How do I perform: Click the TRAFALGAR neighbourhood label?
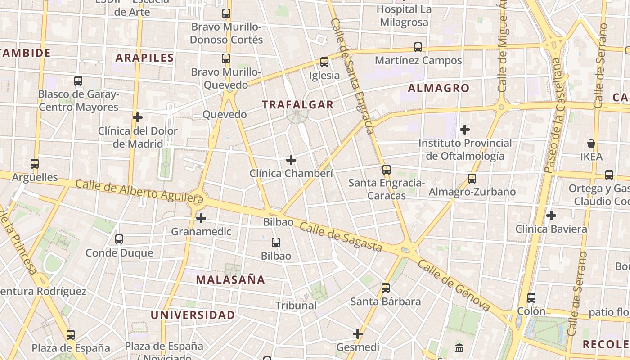point(298,105)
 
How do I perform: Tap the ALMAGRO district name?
point(438,88)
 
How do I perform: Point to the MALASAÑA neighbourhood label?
point(230,279)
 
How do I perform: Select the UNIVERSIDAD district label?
point(193,315)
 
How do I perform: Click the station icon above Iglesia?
point(324,62)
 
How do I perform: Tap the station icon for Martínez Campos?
point(418,47)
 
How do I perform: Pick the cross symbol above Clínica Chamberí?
point(291,160)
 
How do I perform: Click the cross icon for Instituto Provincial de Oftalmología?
point(465,130)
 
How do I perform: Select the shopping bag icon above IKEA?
point(591,144)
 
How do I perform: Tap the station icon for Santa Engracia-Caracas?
point(386,170)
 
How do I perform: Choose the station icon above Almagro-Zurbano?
point(472,178)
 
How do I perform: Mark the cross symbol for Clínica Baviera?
point(551,216)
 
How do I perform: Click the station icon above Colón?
point(531,297)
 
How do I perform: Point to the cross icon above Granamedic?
point(201,218)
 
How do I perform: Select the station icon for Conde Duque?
point(119,239)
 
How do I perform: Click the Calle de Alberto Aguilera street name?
point(139,191)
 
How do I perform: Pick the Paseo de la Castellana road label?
point(553,115)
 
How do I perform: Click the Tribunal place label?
point(296,306)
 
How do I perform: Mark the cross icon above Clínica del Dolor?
point(138,117)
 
